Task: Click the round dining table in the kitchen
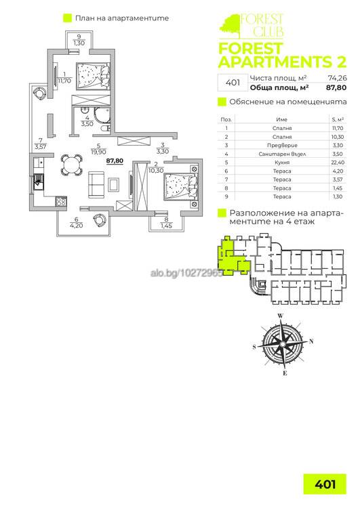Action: coord(72,165)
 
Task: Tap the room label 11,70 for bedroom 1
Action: coord(64,81)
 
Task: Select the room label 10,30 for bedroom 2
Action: coord(156,171)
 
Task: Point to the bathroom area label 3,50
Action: coord(87,123)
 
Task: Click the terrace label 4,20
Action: coord(77,226)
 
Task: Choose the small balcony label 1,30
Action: coord(79,43)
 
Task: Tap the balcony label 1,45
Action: coord(166,226)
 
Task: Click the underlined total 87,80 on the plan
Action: coord(115,161)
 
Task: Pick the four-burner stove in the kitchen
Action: coord(61,201)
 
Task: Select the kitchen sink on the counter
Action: coord(38,180)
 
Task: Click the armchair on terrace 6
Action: coord(100,220)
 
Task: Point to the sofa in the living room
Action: coord(96,185)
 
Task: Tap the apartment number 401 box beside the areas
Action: coord(233,83)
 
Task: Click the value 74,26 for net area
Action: coord(338,78)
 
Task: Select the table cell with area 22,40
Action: coord(338,163)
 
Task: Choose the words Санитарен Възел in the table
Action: coord(282,154)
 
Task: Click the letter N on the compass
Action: coord(311,341)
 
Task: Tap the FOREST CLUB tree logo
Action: coord(229,25)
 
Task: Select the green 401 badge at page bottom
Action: coord(325,484)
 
